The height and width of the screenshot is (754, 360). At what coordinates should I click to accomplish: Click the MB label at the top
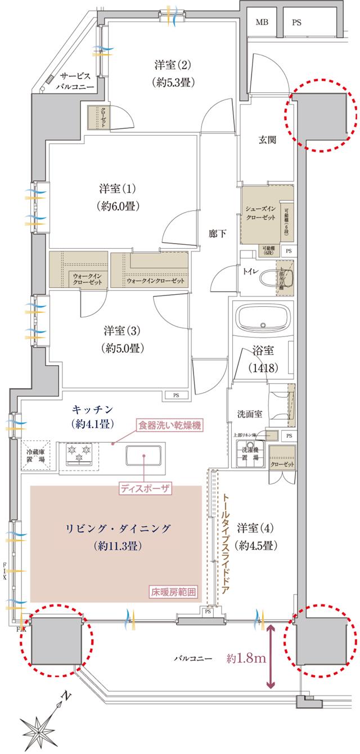(x=262, y=23)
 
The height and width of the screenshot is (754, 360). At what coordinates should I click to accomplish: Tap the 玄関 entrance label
(x=267, y=140)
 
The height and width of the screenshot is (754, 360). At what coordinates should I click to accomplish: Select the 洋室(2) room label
(x=173, y=73)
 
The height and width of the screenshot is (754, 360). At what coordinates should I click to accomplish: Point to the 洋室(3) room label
(x=122, y=339)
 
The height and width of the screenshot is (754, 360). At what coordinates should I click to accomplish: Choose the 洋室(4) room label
(x=257, y=536)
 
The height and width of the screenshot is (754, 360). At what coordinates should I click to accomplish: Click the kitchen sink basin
(x=144, y=455)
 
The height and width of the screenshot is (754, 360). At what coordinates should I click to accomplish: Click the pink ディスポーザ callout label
(x=145, y=487)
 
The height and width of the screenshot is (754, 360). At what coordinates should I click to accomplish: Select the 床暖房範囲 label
(x=174, y=592)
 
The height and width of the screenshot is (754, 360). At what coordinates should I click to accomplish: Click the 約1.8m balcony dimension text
(x=247, y=658)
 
